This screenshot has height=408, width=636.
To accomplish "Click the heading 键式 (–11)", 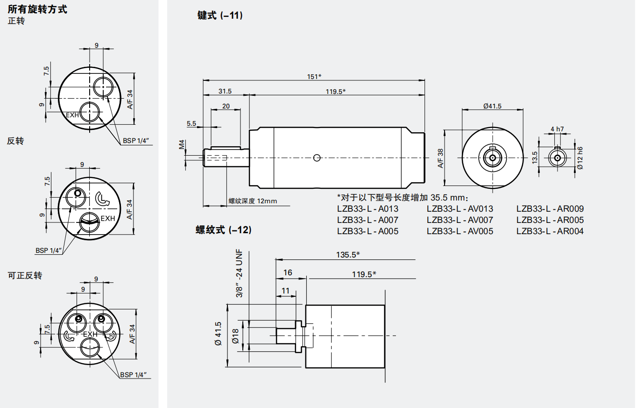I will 220,15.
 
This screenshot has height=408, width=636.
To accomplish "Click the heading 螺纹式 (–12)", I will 223,229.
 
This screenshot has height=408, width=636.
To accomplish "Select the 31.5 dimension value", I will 225,91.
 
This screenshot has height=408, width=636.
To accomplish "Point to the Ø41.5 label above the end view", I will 492,106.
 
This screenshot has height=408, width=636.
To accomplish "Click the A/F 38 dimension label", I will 440,158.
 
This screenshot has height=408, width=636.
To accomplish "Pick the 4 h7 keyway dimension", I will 557,129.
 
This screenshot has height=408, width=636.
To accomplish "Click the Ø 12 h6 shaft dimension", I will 579,158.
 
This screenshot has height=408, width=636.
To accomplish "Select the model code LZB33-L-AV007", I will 459,220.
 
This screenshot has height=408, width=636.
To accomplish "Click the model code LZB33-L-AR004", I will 550,231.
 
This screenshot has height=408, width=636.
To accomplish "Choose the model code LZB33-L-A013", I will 367,208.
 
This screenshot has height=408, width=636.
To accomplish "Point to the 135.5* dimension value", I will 348,255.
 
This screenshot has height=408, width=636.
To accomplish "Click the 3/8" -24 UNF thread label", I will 240,273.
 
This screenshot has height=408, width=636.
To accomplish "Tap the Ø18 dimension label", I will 235,335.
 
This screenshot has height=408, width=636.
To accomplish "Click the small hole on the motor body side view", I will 317,158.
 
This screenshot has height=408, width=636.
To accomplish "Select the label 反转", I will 15,141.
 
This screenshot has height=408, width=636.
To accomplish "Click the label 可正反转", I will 25,275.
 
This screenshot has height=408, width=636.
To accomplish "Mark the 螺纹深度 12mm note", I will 253,201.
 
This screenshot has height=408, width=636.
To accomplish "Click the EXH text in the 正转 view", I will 72,115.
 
